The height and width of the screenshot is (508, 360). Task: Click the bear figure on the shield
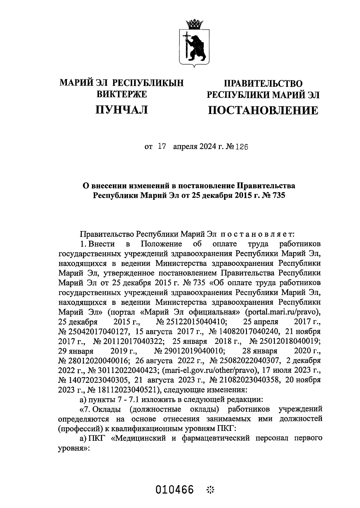198,47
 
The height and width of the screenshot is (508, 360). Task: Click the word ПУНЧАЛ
121,110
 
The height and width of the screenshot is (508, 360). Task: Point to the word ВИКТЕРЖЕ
121,94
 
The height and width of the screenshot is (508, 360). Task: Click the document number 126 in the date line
243,147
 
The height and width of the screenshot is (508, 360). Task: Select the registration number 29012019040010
189,351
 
